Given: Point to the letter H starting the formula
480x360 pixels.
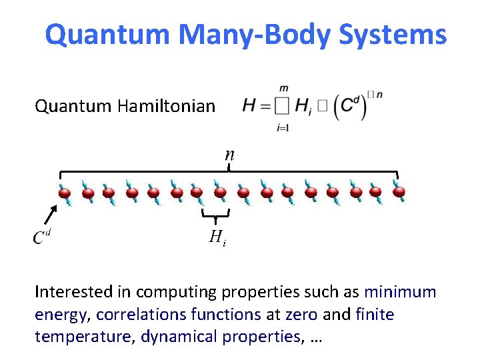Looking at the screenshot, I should [249, 105].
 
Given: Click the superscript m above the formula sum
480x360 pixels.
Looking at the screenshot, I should [283, 87].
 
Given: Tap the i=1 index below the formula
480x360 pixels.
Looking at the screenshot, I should [283, 127].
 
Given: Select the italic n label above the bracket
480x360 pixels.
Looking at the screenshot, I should [229, 154].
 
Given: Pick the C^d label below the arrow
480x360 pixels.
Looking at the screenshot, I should [43, 236].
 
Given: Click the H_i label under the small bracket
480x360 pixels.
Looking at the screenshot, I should [217, 236].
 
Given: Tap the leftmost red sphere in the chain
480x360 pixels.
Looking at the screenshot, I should [65, 193].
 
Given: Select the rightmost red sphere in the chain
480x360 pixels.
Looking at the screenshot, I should [399, 193].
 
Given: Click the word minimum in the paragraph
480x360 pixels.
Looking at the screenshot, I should [401, 292].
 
